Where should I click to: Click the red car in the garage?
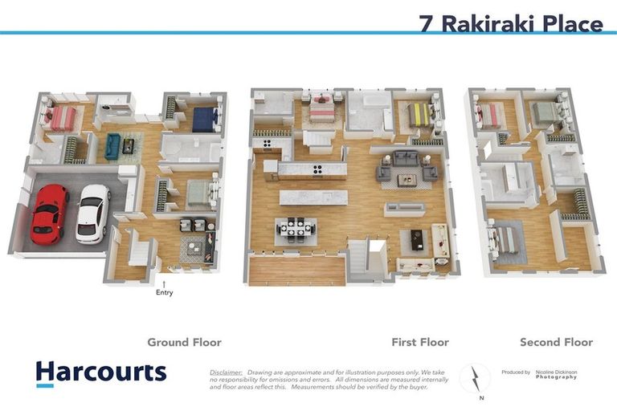pos(49,214)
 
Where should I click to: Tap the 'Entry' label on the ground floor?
pos(164,292)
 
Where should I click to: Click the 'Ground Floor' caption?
pos(184,342)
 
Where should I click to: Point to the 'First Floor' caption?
pos(420,342)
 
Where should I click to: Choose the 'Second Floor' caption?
pos(556,342)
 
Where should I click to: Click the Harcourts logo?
pos(101,372)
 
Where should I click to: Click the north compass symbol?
pos(475,379)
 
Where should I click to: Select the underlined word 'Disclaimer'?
pos(226,372)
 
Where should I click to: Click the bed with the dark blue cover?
pos(204,119)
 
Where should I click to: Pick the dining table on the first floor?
pos(295,230)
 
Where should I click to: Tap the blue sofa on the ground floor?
pos(112,146)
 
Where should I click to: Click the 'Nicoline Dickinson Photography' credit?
pos(555,374)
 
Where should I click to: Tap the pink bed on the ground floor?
pos(60,119)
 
